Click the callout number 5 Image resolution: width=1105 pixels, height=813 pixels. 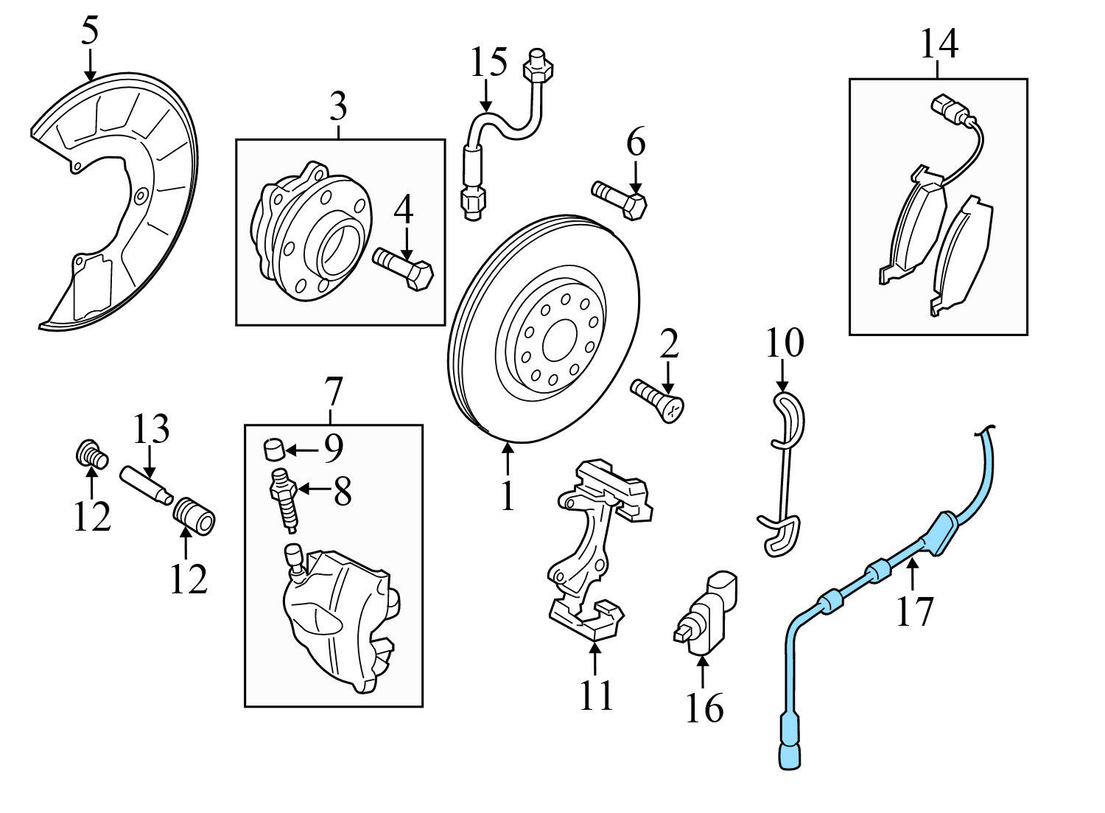point(89,31)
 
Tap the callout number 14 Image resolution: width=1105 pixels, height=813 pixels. point(939,44)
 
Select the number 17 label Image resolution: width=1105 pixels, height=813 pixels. point(914,611)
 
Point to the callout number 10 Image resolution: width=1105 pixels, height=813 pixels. point(785,343)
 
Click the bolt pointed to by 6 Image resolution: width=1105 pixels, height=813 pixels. point(620,198)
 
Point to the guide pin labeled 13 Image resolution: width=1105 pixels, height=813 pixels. point(146,492)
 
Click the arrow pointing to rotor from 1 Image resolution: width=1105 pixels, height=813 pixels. point(508,458)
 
